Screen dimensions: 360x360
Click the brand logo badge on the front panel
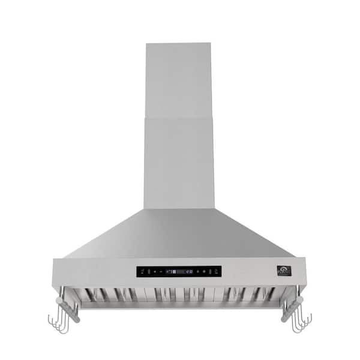click(x=284, y=271)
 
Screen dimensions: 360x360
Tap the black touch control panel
click(x=178, y=271)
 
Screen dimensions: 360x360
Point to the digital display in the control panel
click(x=179, y=271)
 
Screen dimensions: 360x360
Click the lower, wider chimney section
click(x=178, y=162)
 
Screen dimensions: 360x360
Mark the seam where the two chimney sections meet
click(x=178, y=117)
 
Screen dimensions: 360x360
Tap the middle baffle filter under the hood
click(x=179, y=294)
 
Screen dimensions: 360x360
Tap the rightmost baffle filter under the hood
click(x=252, y=294)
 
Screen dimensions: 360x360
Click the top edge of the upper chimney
click(x=178, y=44)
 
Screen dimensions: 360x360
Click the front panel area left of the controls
click(x=93, y=271)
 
